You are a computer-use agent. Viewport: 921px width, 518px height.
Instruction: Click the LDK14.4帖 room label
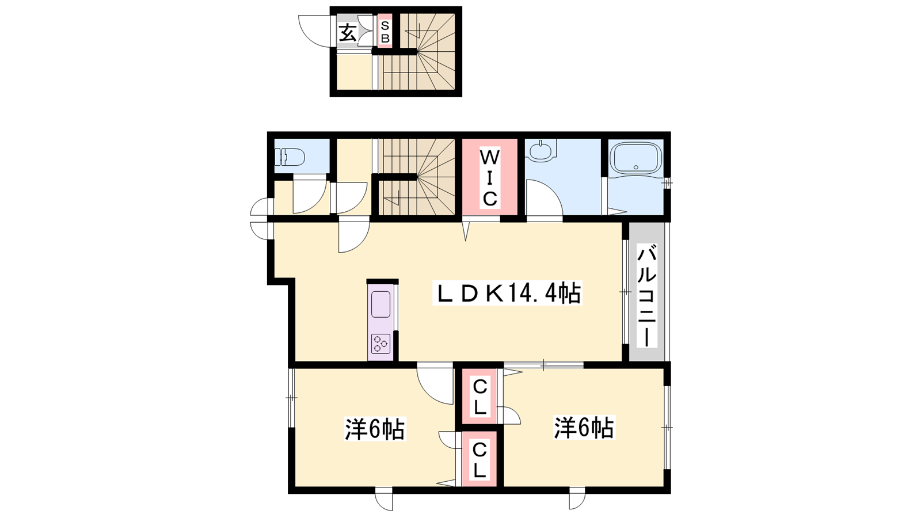pos(507,292)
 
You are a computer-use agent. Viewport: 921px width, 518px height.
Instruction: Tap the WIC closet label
pos(490,178)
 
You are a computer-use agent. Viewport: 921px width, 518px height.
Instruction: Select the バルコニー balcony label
pos(647,296)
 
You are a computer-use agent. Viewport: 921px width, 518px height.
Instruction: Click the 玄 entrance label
pos(348,33)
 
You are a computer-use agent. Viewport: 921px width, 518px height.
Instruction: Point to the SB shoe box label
pos(385,32)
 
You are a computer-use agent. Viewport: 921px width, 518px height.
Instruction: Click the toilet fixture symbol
pos(290,157)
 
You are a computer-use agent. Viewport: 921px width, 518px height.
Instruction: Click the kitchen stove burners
pos(380,344)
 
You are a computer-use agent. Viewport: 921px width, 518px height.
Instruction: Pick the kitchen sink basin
pos(380,304)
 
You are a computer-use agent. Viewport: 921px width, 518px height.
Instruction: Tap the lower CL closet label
pos(479,461)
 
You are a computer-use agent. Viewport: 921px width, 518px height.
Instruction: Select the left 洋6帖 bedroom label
pos(375,429)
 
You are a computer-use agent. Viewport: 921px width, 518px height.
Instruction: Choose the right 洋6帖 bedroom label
pos(584,428)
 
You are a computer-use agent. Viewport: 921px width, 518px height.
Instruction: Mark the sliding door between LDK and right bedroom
pos(543,365)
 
